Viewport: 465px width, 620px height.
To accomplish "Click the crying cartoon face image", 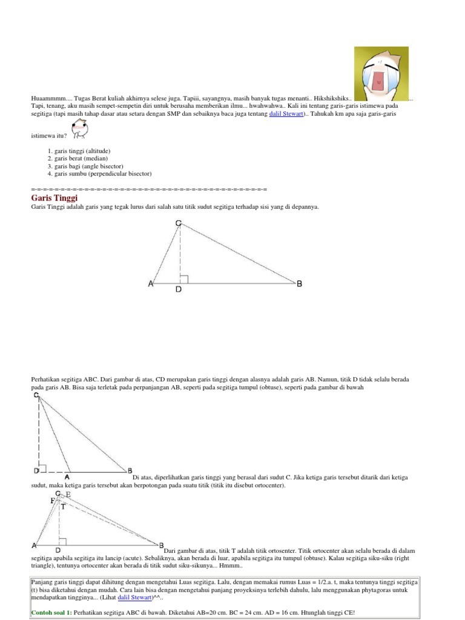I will click(381, 73).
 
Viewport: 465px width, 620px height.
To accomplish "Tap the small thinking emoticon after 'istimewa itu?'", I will click(79, 128).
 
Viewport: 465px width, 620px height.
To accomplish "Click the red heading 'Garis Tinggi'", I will click(54, 198).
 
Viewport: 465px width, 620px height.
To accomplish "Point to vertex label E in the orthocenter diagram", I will click(68, 495).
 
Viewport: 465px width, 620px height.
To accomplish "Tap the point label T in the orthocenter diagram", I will click(62, 507).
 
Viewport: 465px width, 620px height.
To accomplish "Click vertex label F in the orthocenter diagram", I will click(52, 501).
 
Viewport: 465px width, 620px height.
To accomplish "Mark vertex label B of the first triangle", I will click(299, 283).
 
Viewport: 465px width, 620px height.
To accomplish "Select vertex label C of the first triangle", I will click(179, 224).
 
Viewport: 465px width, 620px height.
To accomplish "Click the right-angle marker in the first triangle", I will click(184, 279).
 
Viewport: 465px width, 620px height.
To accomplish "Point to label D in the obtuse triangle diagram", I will click(36, 470).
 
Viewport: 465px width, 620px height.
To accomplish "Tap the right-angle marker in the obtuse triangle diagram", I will click(42, 467).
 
